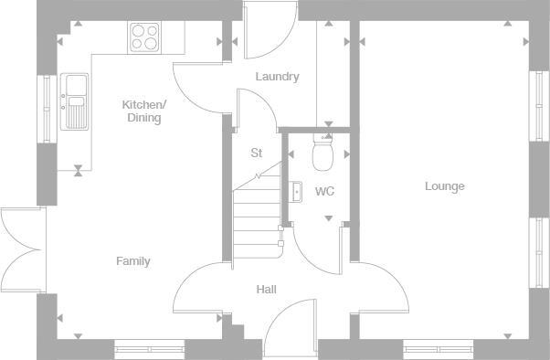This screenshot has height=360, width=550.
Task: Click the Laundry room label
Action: (277, 77)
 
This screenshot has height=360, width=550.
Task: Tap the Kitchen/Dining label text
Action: (143, 111)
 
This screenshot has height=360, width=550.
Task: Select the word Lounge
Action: (445, 186)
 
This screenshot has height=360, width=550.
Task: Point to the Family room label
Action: (132, 261)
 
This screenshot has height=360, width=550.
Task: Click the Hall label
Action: (266, 290)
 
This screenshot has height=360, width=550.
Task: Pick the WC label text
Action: (324, 192)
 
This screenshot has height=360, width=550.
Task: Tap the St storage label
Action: (257, 154)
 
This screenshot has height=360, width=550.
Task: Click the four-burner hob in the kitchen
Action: (144, 37)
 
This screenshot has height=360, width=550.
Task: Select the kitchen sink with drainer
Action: (74, 101)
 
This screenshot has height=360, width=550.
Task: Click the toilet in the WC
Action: (323, 155)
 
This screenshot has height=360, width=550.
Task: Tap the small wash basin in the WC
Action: (296, 192)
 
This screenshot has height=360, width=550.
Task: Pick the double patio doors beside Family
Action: (20, 249)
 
